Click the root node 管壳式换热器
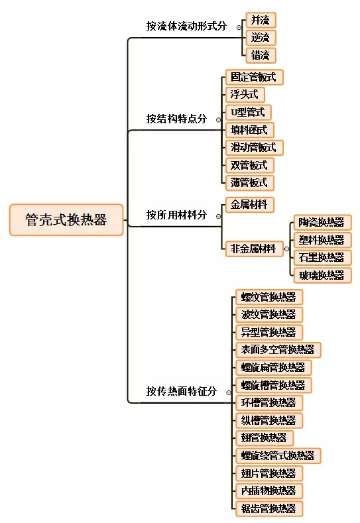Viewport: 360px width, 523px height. (66, 220)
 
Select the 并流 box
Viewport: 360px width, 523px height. (261, 20)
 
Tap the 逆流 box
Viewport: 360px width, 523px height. (261, 37)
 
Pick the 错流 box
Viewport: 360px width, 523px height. (261, 55)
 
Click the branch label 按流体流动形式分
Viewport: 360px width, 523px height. (186, 26)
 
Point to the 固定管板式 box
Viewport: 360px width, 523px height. (254, 77)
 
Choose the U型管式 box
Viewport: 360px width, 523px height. (248, 112)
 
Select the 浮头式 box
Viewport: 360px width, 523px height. (245, 95)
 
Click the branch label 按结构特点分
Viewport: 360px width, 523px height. (176, 119)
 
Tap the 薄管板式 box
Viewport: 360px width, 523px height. (249, 182)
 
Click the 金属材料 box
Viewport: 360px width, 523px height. (249, 204)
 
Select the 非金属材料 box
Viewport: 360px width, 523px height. (254, 249)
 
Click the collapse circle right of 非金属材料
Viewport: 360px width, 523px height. (286, 249)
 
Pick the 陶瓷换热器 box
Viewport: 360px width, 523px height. (322, 223)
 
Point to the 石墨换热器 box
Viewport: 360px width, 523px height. (322, 257)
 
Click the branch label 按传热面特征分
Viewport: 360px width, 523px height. (182, 391)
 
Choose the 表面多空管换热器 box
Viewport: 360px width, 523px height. (278, 349)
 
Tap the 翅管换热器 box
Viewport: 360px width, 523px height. (265, 437)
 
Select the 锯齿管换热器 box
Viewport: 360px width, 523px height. (269, 508)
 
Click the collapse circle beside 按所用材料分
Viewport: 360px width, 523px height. (219, 216)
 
